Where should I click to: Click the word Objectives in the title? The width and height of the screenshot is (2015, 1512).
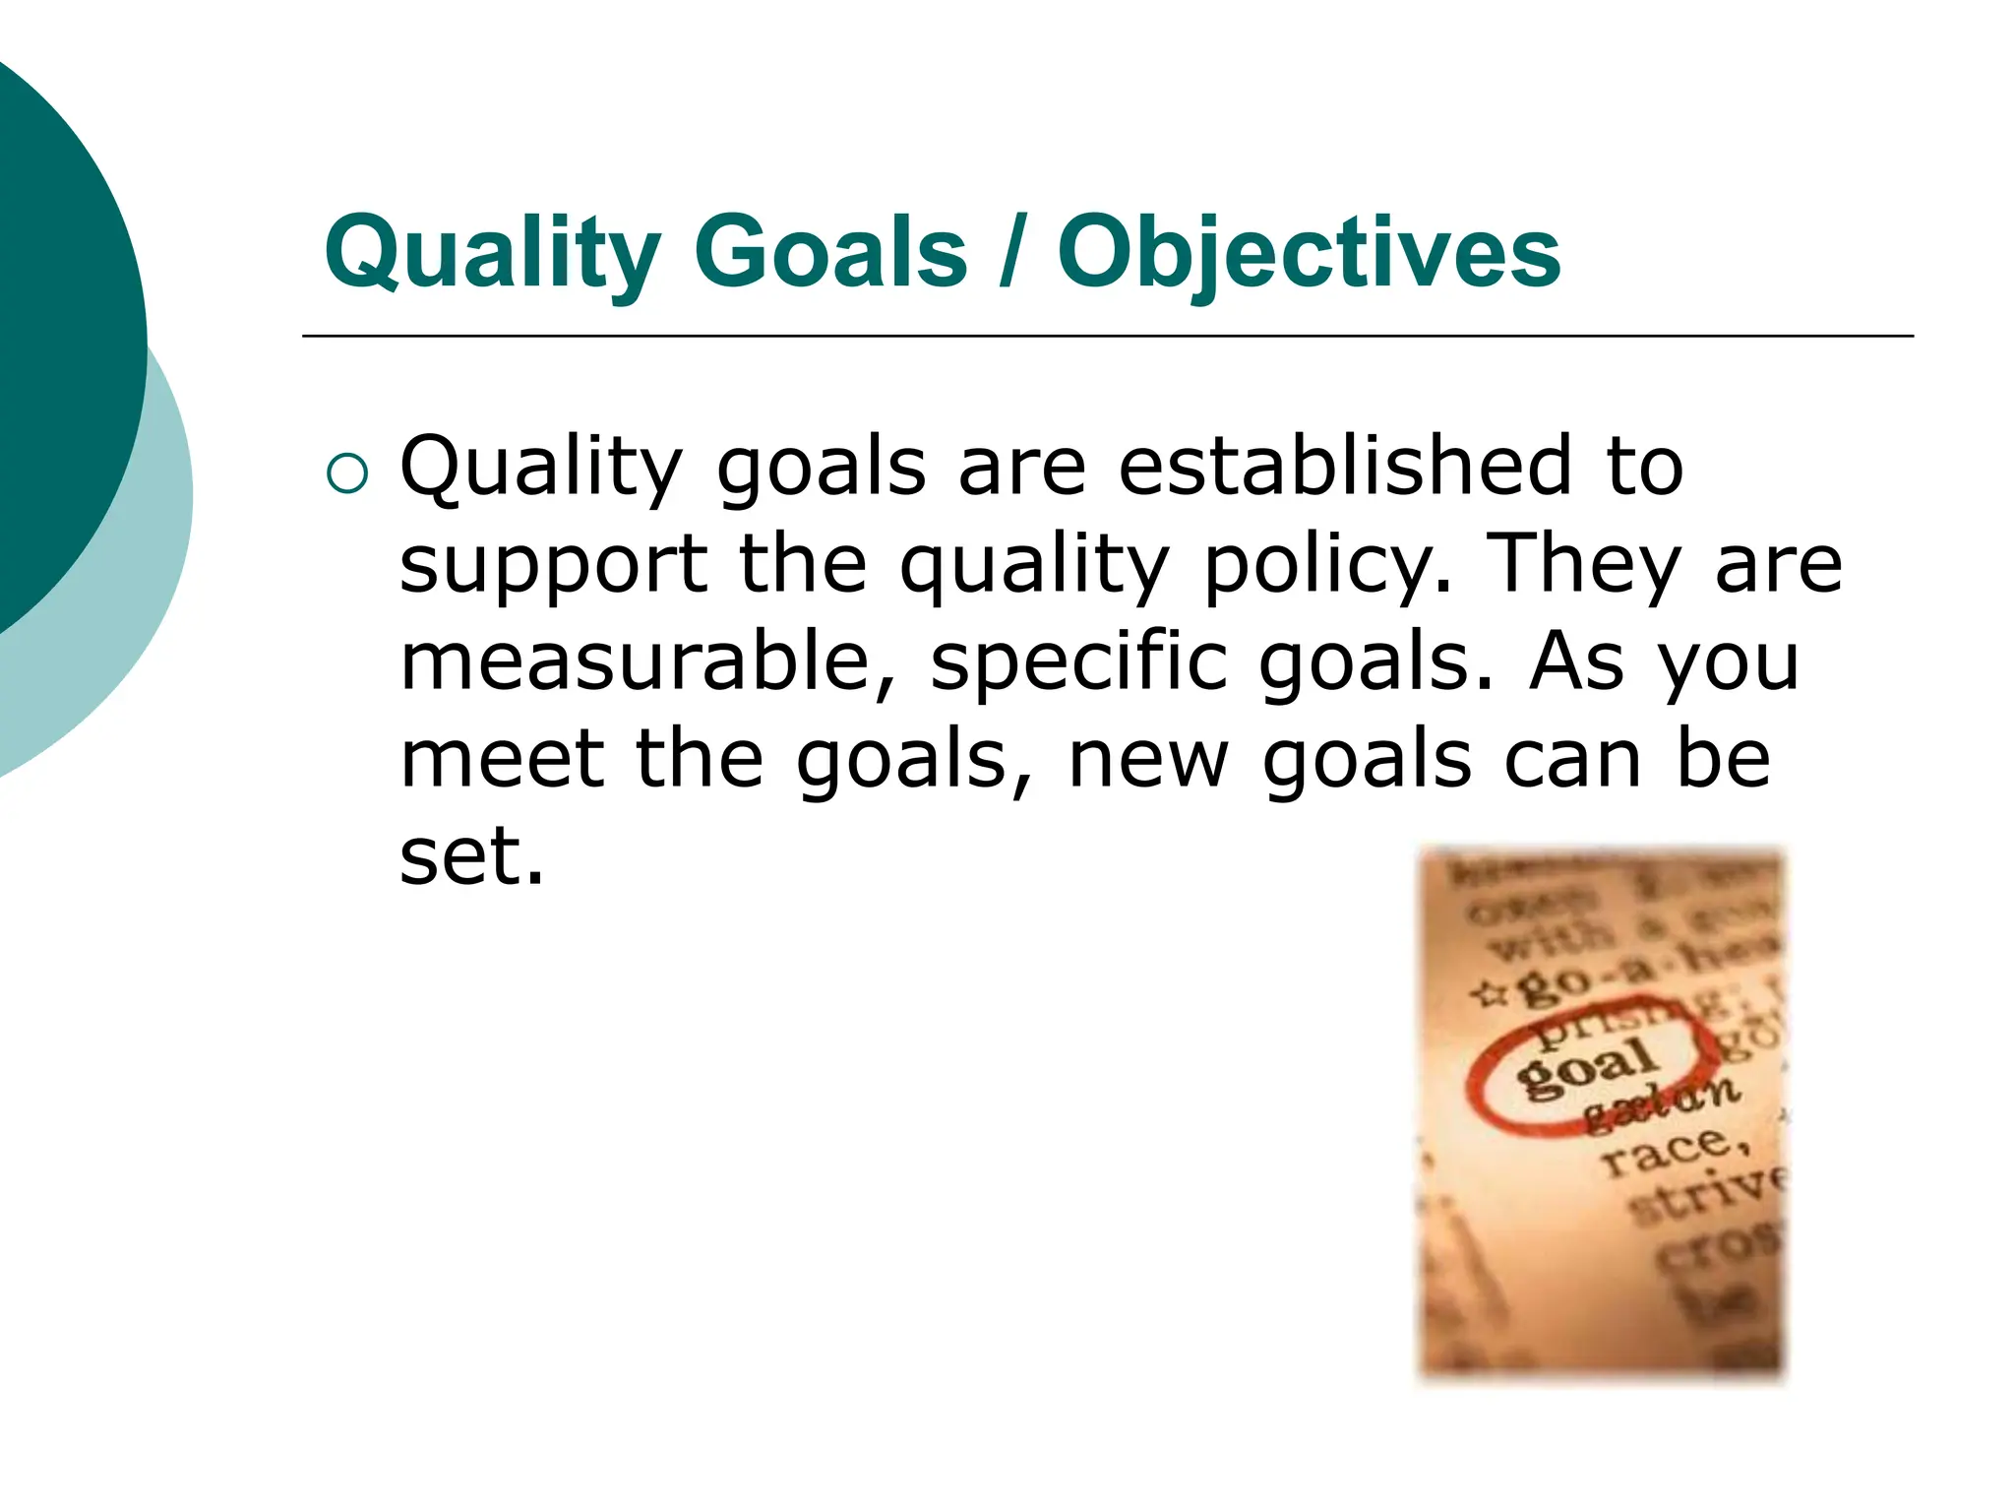point(1309,253)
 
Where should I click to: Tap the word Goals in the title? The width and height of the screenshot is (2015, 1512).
point(830,253)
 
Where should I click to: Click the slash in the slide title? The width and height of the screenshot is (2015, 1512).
point(1008,253)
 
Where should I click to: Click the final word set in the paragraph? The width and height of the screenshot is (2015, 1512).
point(470,855)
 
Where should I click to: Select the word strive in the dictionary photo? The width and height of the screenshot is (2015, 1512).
point(1707,1196)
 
